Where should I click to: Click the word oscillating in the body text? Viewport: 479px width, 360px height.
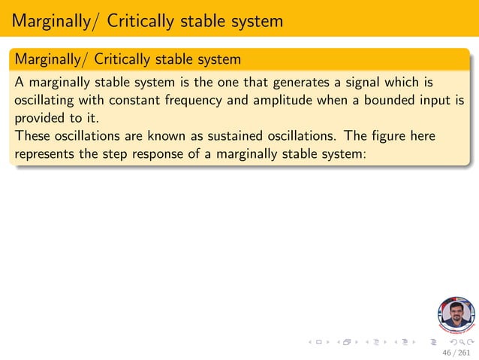pos(46,101)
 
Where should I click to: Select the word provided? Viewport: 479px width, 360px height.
pos(41,119)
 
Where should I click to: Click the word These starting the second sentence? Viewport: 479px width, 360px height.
pos(32,137)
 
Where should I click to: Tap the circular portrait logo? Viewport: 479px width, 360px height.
pos(456,315)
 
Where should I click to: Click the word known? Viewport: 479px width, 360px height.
pos(175,137)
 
